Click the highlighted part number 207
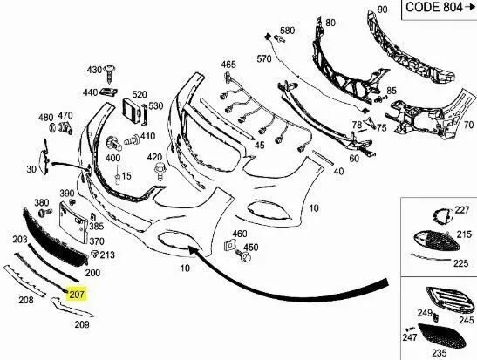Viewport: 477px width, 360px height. coord(77,294)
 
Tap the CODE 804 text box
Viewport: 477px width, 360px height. coord(440,9)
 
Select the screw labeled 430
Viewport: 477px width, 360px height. coord(110,74)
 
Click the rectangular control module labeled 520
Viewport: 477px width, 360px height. coord(132,112)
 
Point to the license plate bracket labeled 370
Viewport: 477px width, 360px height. coord(73,223)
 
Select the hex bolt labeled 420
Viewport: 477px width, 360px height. coord(160,172)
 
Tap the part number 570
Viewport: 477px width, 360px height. coord(263,58)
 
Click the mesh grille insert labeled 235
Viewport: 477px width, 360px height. coord(442,336)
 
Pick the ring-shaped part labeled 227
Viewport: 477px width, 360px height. coord(443,217)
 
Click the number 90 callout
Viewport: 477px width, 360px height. coord(383,10)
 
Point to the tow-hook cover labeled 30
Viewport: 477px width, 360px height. coord(44,160)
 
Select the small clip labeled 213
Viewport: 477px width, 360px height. coord(96,254)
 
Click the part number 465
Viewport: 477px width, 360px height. coord(228,65)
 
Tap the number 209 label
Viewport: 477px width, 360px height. coord(82,325)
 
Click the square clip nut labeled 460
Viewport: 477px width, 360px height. coord(229,245)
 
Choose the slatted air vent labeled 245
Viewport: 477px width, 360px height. coord(450,300)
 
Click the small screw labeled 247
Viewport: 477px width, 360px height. coord(411,329)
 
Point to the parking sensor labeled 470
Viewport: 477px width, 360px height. coord(65,128)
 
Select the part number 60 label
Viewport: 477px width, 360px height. coord(354,159)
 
